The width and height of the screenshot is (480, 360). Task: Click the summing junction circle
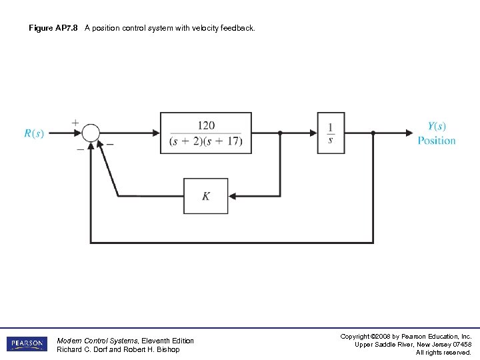91,133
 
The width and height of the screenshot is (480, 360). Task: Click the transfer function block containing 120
206,133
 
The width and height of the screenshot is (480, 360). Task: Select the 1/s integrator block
331,133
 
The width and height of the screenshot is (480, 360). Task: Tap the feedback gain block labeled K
205,196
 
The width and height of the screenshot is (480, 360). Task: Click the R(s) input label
34,133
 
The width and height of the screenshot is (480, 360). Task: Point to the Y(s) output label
437,126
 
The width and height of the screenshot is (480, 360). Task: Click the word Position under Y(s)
437,141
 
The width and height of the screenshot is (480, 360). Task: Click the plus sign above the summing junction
75,123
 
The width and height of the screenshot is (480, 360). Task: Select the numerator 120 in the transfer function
206,125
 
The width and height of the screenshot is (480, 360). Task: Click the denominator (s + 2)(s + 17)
206,141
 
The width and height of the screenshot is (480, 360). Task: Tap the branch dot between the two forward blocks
280,133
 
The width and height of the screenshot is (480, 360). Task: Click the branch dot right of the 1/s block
373,133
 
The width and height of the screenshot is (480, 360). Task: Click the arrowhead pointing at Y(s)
408,133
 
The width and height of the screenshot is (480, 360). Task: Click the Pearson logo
27,344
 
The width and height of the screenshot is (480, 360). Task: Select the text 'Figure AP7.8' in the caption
53,28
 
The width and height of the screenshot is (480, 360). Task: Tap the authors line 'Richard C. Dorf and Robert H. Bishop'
118,350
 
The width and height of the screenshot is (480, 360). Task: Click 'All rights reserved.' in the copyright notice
443,353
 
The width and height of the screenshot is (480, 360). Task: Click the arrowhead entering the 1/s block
313,133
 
